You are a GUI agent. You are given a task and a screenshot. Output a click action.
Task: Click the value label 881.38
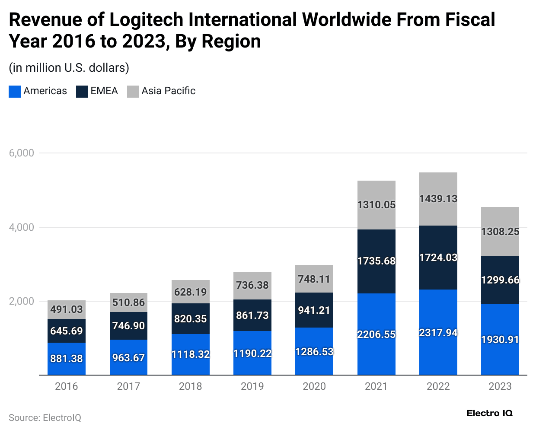[x=66, y=359]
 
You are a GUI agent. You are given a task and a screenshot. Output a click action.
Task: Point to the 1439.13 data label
[x=438, y=199]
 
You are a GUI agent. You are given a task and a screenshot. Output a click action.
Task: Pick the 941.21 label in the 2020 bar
[x=314, y=310]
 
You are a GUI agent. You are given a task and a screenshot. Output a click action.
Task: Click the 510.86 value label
[x=128, y=302]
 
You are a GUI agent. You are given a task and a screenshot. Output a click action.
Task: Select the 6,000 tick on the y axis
[x=22, y=153]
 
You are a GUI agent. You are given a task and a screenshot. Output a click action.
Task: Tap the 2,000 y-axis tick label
[x=22, y=301]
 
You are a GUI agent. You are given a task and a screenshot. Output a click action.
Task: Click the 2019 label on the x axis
[x=252, y=386]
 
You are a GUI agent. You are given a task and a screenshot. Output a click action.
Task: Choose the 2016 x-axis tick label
[x=66, y=386]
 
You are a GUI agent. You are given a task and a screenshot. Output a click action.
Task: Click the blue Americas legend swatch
[x=15, y=91]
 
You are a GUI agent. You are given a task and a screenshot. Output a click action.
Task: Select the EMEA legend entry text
[x=104, y=91]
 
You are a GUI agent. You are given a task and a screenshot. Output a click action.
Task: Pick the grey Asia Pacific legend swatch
[x=133, y=91]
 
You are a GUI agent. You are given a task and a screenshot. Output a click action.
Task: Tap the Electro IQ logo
[x=489, y=413]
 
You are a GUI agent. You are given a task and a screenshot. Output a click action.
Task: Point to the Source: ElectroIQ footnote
[x=45, y=418]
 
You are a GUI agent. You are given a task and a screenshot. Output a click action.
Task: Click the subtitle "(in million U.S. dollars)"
[x=69, y=68]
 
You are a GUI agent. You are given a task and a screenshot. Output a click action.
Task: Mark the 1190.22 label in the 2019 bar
[x=252, y=353]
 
